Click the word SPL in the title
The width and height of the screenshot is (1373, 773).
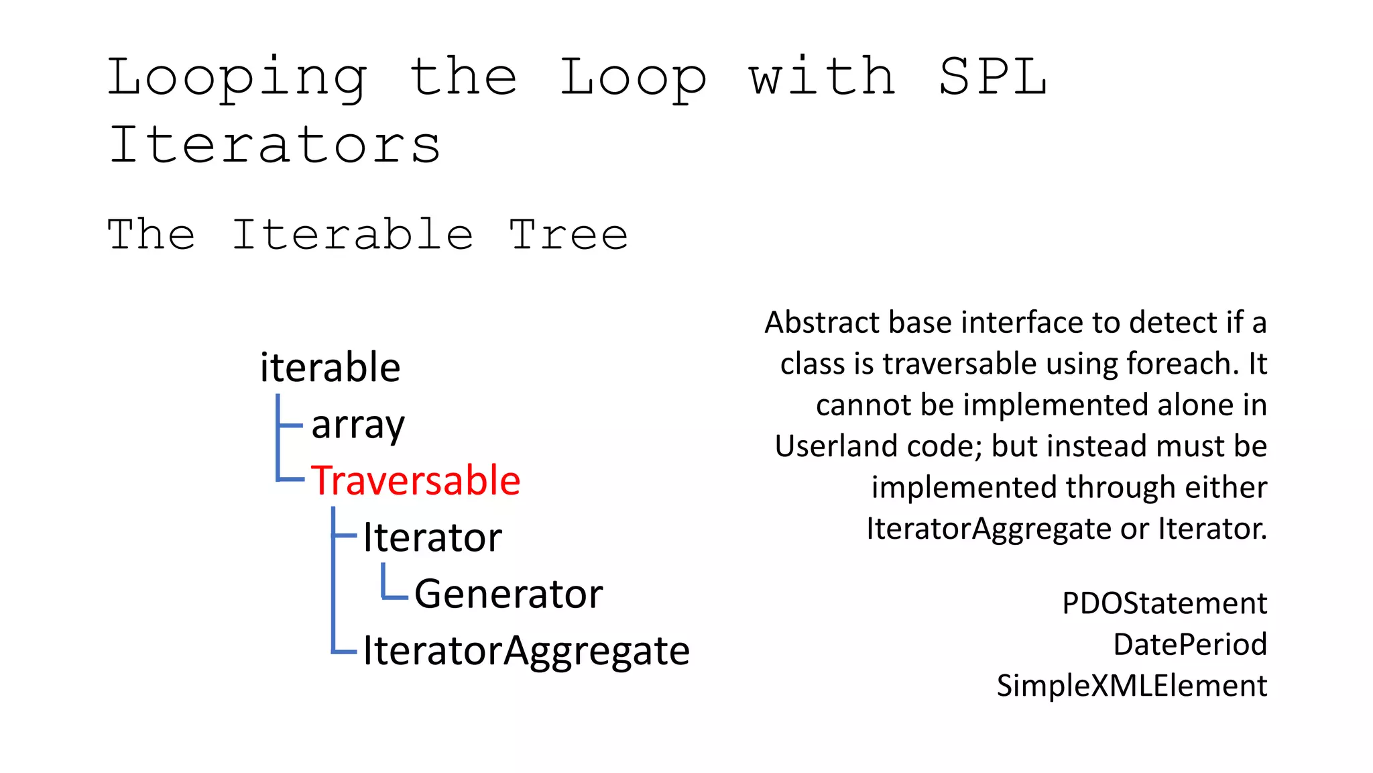point(992,76)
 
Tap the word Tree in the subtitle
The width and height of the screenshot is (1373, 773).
point(568,235)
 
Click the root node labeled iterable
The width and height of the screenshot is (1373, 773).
point(330,368)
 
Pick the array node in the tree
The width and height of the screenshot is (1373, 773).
point(358,425)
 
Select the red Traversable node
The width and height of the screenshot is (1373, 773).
point(416,481)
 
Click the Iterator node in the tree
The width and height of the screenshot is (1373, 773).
point(432,537)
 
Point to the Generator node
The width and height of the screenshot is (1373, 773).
point(508,594)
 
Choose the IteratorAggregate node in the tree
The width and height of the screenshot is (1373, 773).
point(526,650)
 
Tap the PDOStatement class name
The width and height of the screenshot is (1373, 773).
point(1165,603)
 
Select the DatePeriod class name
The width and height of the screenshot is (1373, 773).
point(1190,644)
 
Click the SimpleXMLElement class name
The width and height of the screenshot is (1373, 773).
point(1132,686)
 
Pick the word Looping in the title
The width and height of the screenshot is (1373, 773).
point(237,78)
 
